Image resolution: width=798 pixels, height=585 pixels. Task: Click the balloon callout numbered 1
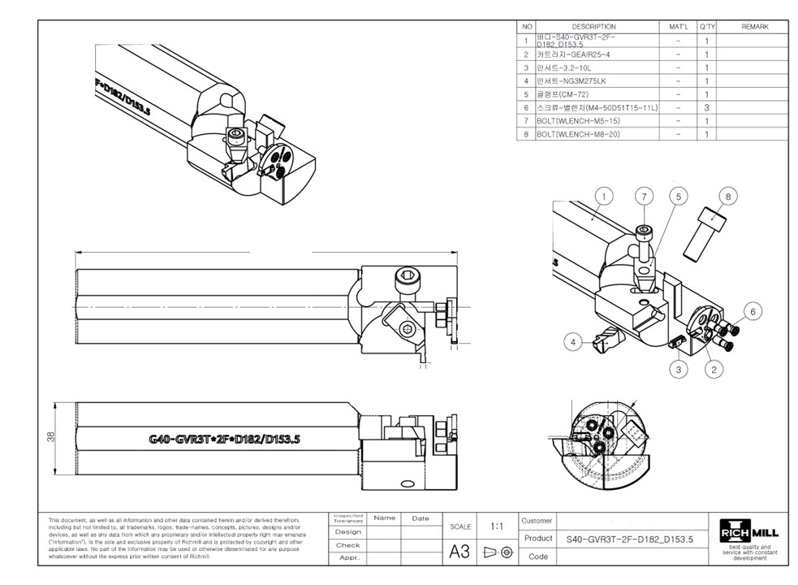click(603, 196)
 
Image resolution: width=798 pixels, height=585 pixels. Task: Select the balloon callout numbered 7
click(644, 196)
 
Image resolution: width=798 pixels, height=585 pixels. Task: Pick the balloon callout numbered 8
click(727, 196)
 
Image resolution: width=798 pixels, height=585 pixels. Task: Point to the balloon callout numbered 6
click(753, 311)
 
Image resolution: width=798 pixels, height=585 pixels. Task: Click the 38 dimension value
click(50, 437)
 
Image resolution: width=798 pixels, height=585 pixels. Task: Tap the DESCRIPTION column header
click(593, 27)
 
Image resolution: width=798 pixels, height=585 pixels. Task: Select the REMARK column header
click(754, 27)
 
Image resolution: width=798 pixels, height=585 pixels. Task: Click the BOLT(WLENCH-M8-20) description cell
click(578, 134)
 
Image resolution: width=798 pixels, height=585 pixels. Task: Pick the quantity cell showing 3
click(707, 107)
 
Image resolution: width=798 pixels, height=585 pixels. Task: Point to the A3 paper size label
click(459, 552)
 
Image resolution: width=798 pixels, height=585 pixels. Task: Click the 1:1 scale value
click(496, 526)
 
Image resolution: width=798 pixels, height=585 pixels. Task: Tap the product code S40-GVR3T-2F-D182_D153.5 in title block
click(629, 539)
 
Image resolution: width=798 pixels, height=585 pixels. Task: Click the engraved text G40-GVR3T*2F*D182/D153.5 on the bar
click(224, 440)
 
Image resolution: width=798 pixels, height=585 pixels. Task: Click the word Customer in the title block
click(537, 521)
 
